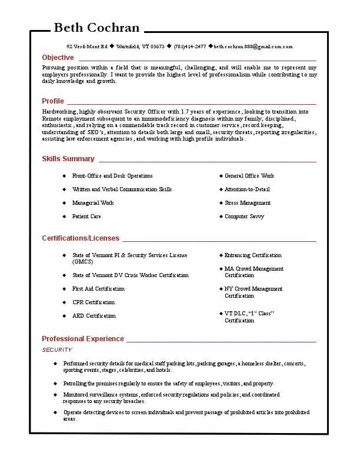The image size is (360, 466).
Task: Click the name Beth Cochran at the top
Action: (x=96, y=28)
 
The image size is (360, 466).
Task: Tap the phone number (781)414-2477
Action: (x=189, y=46)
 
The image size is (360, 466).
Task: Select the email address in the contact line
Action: (x=253, y=46)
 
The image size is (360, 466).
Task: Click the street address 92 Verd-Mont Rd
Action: (x=87, y=46)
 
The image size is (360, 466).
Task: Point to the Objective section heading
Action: (x=58, y=58)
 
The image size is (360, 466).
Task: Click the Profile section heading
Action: (x=53, y=101)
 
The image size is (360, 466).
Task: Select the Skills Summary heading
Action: (x=68, y=159)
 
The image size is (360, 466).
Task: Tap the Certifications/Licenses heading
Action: (x=81, y=238)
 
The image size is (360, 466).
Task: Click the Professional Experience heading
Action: (x=83, y=339)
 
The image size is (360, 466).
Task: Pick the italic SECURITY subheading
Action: (x=57, y=350)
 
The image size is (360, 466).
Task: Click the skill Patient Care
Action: (x=86, y=217)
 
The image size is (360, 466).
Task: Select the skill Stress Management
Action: (x=248, y=203)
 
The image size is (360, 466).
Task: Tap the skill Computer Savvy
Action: (x=244, y=217)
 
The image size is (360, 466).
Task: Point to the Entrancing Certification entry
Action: (x=253, y=255)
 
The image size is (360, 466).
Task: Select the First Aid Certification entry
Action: (x=98, y=289)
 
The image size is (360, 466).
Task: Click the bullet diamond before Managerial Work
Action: (x=65, y=203)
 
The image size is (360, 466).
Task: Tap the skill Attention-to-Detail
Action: (x=247, y=189)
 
